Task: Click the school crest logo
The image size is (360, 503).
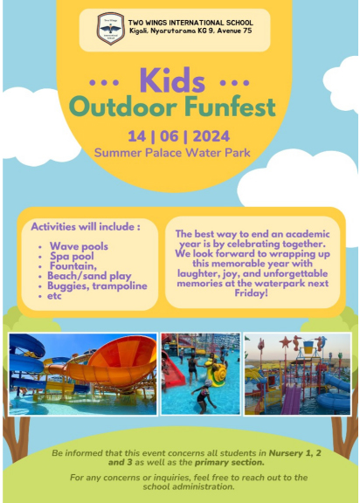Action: pyautogui.click(x=111, y=29)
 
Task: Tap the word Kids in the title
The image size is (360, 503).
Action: pyautogui.click(x=172, y=80)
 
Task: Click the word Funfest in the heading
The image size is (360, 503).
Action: pyautogui.click(x=230, y=106)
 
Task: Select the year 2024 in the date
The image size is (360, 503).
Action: pyautogui.click(x=211, y=136)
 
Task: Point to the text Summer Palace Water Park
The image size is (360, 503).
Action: pyautogui.click(x=172, y=152)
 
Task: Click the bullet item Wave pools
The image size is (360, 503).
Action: pyautogui.click(x=79, y=246)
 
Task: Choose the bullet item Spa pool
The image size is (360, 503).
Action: pyautogui.click(x=72, y=256)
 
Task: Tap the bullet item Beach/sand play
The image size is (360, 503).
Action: pyautogui.click(x=89, y=276)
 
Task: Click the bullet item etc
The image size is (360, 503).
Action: pyautogui.click(x=54, y=296)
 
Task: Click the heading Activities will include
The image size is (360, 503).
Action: pyautogui.click(x=86, y=226)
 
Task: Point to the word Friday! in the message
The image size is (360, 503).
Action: pyautogui.click(x=251, y=293)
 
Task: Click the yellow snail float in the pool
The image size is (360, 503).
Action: pyautogui.click(x=218, y=371)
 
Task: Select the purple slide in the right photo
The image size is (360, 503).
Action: pyautogui.click(x=291, y=399)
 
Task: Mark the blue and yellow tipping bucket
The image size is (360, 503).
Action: pyautogui.click(x=308, y=347)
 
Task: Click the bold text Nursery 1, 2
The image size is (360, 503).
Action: pyautogui.click(x=294, y=453)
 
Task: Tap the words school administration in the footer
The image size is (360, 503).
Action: pyautogui.click(x=189, y=486)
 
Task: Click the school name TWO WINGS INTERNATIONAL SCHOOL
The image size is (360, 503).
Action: pyautogui.click(x=190, y=23)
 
